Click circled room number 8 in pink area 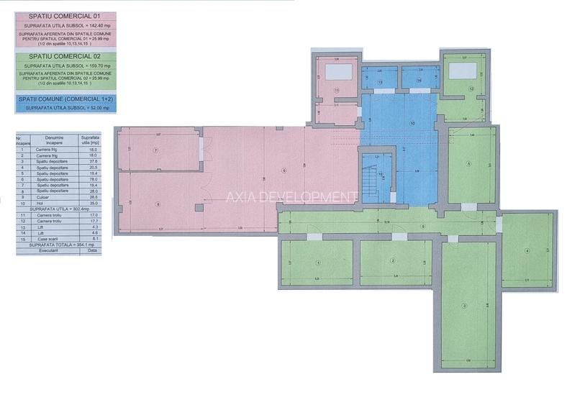click(x=158, y=203)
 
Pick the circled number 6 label click(x=284, y=170)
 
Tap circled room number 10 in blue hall click(x=412, y=123)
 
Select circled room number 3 click(x=464, y=306)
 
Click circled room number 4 click(x=527, y=250)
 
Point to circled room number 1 click(x=317, y=262)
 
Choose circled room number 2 click(x=393, y=260)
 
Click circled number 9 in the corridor click(x=422, y=227)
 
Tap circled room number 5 click(x=468, y=164)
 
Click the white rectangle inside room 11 click(x=337, y=71)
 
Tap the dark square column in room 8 click(x=199, y=207)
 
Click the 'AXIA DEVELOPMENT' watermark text click(x=292, y=196)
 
